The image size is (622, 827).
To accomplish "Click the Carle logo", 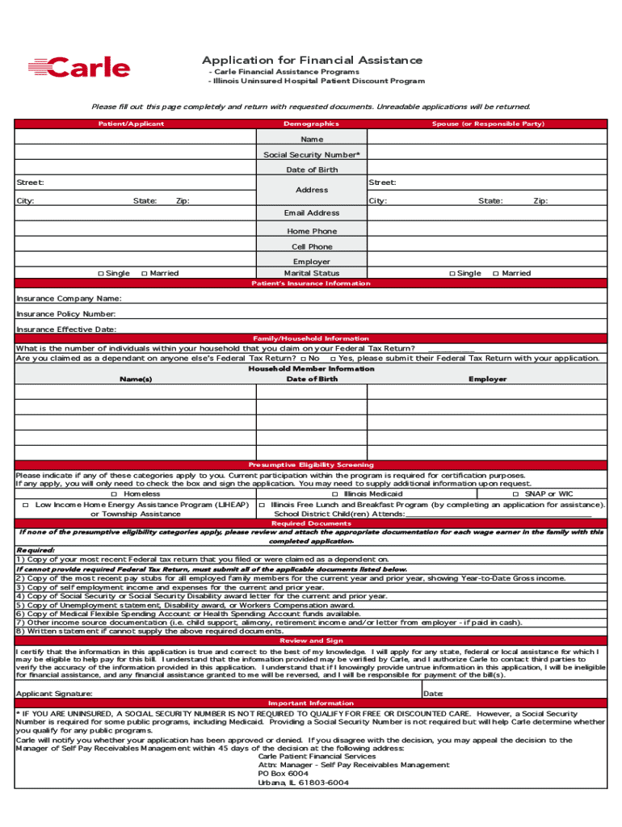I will coord(78,68).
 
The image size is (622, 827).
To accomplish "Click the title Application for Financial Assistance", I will coord(312,61).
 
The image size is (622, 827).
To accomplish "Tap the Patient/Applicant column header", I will coord(131,124).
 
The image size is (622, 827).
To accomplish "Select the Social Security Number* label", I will coord(312,154).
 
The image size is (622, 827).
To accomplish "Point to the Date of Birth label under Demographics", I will coord(312,170).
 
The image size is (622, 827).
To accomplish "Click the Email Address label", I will coord(312,213).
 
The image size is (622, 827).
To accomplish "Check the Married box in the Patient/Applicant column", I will coord(144,274).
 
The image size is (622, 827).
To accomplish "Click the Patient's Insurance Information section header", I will coord(311,283).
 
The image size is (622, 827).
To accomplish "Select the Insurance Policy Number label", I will coord(66,314).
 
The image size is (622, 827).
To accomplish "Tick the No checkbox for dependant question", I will coord(303,359).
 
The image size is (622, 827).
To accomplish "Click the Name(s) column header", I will coord(136,379).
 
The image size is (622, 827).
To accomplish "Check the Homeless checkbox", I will coord(115,494).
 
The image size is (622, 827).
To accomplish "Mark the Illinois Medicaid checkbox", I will coord(335,494).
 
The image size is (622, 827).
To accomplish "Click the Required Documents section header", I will coord(311,523).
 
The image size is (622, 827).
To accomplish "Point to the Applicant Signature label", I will coord(54,694).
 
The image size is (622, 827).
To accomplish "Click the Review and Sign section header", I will coord(311,640).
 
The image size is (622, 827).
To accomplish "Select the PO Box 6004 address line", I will coord(283,774).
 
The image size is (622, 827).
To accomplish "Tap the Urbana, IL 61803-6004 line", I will coord(304,783).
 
